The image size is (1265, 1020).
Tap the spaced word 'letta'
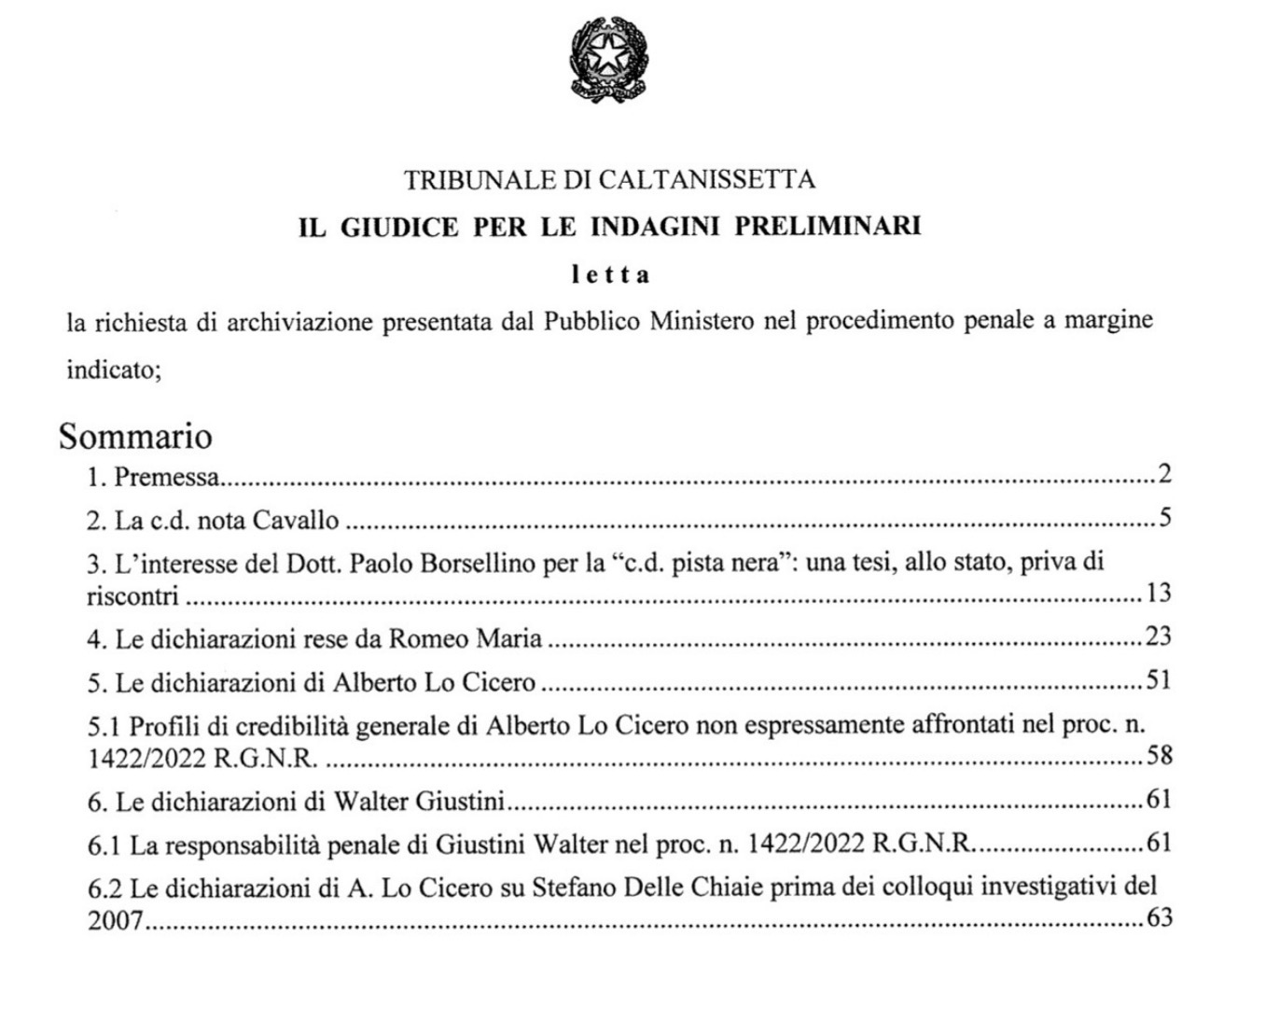point(611,275)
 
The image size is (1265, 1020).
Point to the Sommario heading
point(135,436)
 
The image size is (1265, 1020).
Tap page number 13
point(1159,593)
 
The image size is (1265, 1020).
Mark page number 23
point(1159,637)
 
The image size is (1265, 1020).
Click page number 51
point(1159,680)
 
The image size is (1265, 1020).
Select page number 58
point(1159,755)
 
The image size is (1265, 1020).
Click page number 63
point(1159,917)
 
